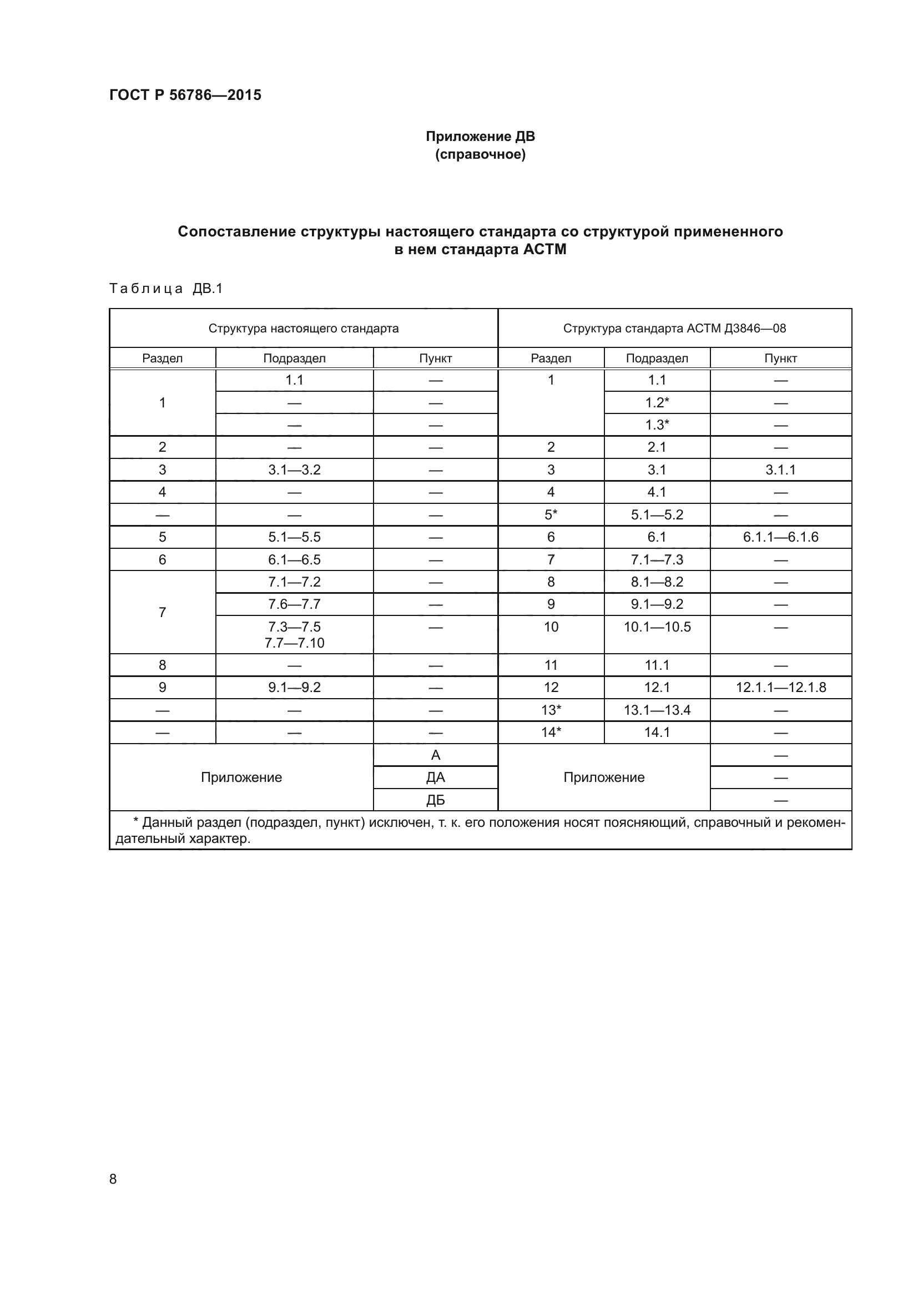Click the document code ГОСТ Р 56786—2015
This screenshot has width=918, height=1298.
(x=185, y=95)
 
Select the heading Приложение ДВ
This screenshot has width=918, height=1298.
(x=480, y=137)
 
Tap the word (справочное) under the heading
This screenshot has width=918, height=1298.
(x=480, y=154)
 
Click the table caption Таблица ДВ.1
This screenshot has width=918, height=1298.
(x=165, y=289)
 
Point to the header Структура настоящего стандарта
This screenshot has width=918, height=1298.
(x=304, y=329)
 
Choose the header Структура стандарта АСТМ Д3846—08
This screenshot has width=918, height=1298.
(x=674, y=329)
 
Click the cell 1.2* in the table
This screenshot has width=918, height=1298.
(x=657, y=402)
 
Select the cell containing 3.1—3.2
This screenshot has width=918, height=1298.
(x=294, y=470)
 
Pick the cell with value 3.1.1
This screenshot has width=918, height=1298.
(x=781, y=470)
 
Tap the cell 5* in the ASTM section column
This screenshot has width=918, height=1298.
(x=551, y=514)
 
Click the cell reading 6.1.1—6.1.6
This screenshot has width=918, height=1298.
(x=781, y=537)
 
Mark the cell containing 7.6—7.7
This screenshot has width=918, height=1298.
(x=294, y=604)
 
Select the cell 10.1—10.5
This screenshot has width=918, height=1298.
(x=657, y=627)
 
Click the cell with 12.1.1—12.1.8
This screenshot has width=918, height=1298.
(x=781, y=688)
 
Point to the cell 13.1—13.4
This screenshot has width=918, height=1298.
(x=657, y=710)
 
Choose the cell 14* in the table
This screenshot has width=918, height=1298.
(x=551, y=733)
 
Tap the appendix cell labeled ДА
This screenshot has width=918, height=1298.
(x=435, y=778)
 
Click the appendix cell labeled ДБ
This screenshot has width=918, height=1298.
(x=435, y=801)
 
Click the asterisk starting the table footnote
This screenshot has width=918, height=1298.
(x=135, y=821)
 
